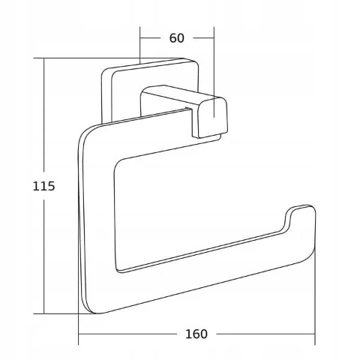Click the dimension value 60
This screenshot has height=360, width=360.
point(177,38)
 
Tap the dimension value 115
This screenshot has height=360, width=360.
point(43,186)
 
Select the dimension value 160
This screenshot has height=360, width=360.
point(196,334)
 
